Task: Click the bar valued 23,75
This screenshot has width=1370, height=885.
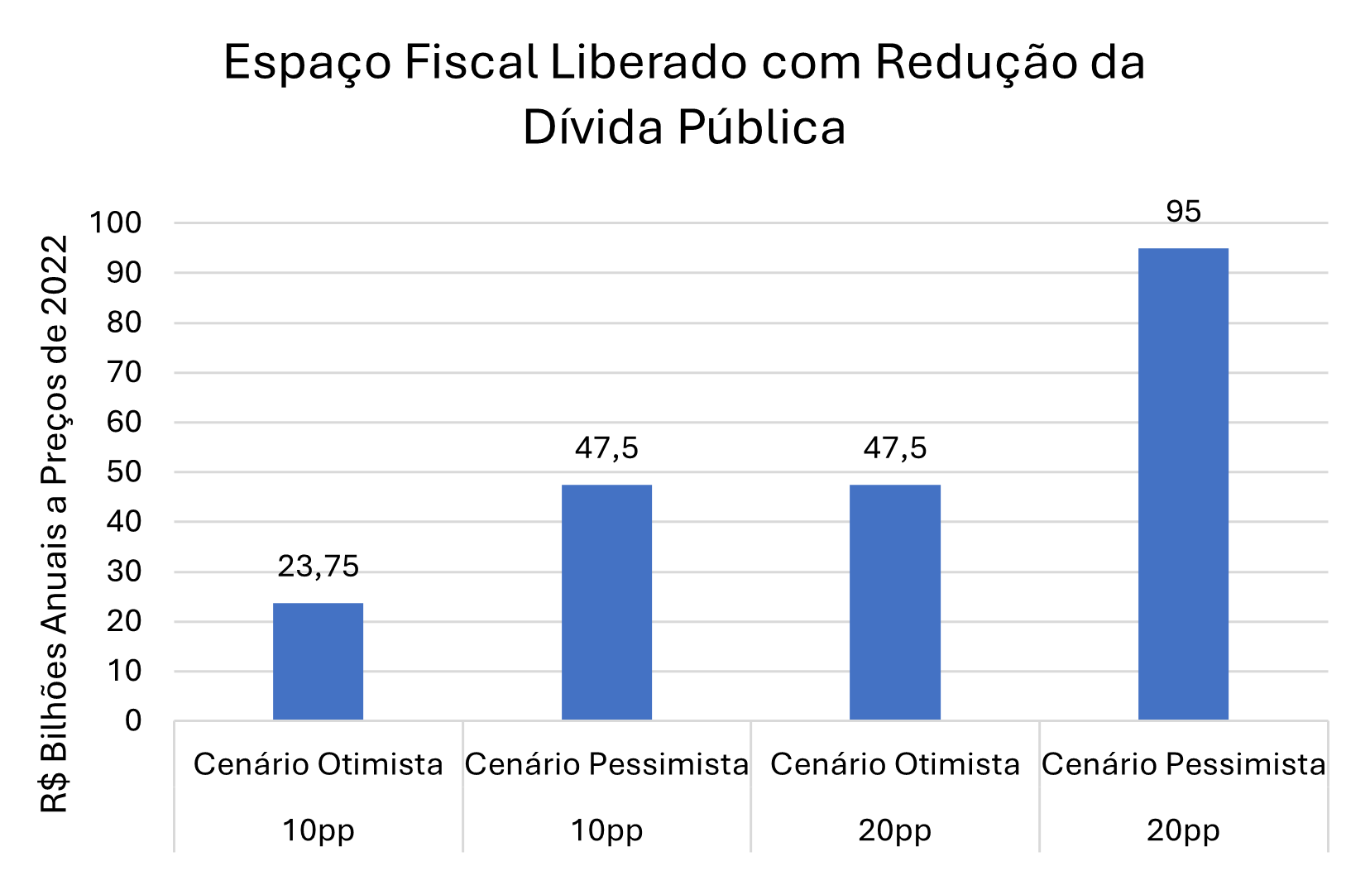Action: coord(318,661)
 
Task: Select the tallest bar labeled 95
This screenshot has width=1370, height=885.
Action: coord(1183,484)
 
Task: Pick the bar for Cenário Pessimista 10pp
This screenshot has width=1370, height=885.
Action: coord(606,602)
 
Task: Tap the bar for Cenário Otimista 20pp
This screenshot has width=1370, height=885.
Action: coord(894,602)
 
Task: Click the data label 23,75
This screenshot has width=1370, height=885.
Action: coord(318,567)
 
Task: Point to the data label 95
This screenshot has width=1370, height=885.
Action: coord(1183,212)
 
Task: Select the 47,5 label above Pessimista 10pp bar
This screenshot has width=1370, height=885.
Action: coord(606,448)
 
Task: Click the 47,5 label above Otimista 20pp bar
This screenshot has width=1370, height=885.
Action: coord(894,448)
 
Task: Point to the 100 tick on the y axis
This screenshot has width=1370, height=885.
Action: coord(116,222)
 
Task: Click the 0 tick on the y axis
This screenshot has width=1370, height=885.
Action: coord(133,720)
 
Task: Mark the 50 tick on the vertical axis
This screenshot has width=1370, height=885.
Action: coord(124,472)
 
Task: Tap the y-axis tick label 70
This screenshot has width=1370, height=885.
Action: coord(124,372)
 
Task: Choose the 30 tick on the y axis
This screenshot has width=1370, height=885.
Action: coord(124,572)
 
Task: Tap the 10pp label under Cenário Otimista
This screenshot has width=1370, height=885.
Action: coord(318,830)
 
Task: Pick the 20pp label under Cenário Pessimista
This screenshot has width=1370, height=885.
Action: coord(1183,830)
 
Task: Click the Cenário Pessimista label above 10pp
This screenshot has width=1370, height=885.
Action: coord(606,764)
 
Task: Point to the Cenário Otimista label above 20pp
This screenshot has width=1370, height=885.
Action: coord(894,764)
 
